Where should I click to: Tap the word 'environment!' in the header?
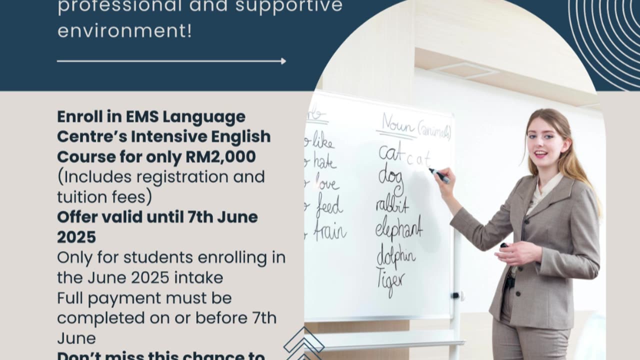[x=124, y=30]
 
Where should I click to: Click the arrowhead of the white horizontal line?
[x=283, y=61]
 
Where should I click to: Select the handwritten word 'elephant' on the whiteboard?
[x=399, y=227]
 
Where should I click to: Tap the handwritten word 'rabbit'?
[x=392, y=204]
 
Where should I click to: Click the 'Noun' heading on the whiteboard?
[x=398, y=124]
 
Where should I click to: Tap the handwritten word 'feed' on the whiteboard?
[x=328, y=205]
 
